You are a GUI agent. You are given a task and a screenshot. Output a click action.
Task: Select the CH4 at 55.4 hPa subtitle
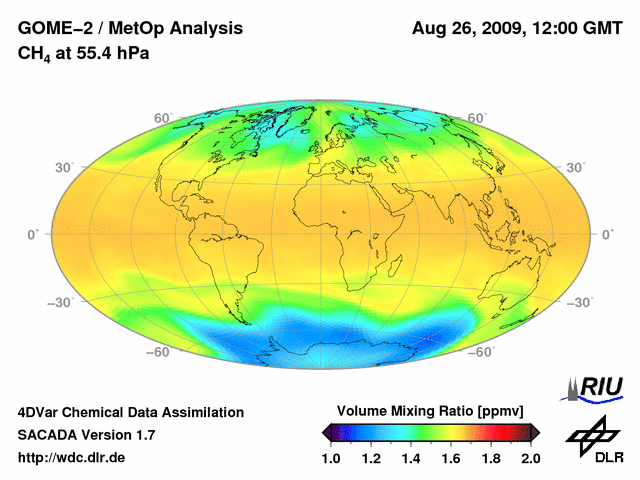pos(84,53)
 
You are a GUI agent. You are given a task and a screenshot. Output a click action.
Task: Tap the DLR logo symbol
pos(590,435)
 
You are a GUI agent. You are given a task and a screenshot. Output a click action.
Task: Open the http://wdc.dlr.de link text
pos(72,458)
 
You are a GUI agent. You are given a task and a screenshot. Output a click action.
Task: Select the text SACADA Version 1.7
pos(86,435)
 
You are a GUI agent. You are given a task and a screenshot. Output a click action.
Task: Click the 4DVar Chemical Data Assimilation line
pos(130,412)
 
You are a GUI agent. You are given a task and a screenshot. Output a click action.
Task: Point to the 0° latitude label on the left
pos(33,234)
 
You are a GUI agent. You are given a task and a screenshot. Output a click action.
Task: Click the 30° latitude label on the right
pos(576,167)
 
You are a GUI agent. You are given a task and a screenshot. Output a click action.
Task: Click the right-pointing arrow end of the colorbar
pos(536,432)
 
